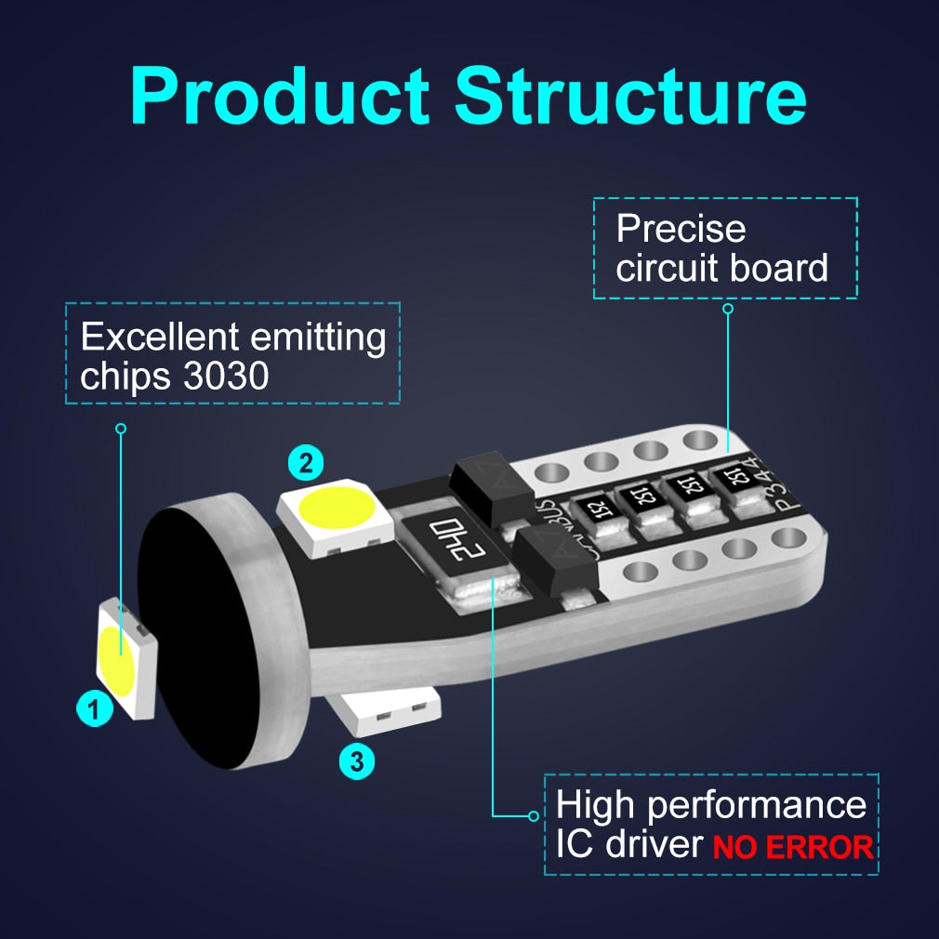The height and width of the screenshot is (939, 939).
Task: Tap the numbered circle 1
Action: coord(93,711)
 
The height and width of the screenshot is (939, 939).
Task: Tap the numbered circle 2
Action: coord(305,461)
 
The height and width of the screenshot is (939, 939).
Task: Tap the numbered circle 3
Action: coord(357,762)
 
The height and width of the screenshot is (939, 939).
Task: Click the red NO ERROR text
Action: coord(793,847)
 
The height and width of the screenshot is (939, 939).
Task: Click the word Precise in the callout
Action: coord(681,229)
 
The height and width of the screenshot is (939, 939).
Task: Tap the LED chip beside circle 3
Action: coord(386,711)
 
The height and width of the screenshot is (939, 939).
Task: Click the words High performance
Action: coord(710,804)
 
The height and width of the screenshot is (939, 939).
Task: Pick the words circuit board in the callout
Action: coord(721,269)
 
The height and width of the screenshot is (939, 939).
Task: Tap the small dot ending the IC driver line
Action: coord(533,815)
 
